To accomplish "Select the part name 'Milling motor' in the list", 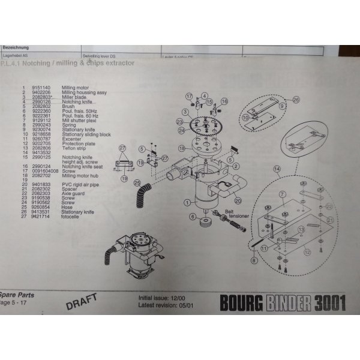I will (x=74, y=87).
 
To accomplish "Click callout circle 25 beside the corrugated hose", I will (x=137, y=183).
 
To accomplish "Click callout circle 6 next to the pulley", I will (x=193, y=217).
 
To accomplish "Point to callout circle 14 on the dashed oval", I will (x=277, y=170).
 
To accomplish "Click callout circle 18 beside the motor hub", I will (x=181, y=148).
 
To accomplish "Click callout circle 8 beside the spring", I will (x=253, y=260).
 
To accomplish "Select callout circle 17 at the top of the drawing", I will (x=188, y=96).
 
